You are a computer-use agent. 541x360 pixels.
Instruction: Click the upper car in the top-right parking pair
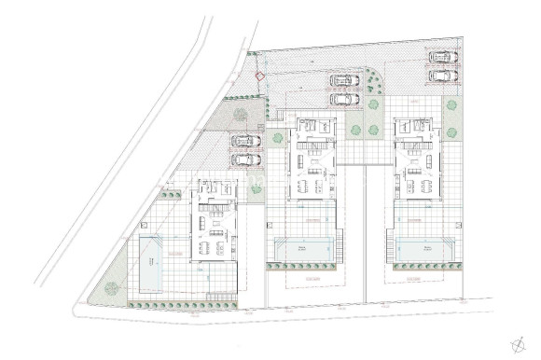(442, 56)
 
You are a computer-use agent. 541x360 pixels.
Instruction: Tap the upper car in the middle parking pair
(342, 81)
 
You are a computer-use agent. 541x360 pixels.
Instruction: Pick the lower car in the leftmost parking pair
(245, 159)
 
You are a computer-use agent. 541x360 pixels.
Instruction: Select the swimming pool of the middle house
(303, 249)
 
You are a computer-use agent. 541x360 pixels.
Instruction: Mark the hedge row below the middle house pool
(303, 266)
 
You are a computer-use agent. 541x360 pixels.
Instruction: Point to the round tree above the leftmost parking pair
(241, 115)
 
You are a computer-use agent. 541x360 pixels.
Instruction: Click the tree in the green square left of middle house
(276, 139)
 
